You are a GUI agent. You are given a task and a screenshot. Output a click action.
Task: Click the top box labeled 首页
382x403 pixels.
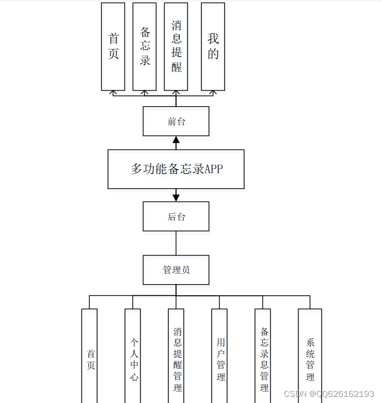[113, 46]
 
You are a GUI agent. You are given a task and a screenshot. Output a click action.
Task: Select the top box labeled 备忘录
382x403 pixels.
[145, 46]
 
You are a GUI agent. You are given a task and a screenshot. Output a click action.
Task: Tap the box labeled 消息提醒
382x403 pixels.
[176, 46]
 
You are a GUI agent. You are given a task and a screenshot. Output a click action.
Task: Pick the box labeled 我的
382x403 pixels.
[213, 46]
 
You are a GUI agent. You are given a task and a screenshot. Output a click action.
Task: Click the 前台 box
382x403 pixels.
[176, 121]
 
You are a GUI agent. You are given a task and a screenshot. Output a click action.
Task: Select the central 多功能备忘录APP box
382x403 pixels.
[176, 169]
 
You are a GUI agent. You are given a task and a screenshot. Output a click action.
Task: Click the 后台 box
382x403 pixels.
[176, 216]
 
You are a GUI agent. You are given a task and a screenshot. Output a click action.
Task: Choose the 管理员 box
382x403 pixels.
[176, 270]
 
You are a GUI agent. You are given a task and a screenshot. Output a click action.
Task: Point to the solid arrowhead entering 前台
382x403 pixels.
[176, 140]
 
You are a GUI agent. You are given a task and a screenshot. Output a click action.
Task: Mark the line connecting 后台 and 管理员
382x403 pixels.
[176, 243]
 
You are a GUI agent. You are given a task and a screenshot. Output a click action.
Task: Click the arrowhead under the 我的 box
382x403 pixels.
[213, 93]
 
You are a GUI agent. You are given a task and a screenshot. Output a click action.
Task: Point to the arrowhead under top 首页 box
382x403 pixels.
[113, 93]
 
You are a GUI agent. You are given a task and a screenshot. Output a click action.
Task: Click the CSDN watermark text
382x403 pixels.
[329, 394]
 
